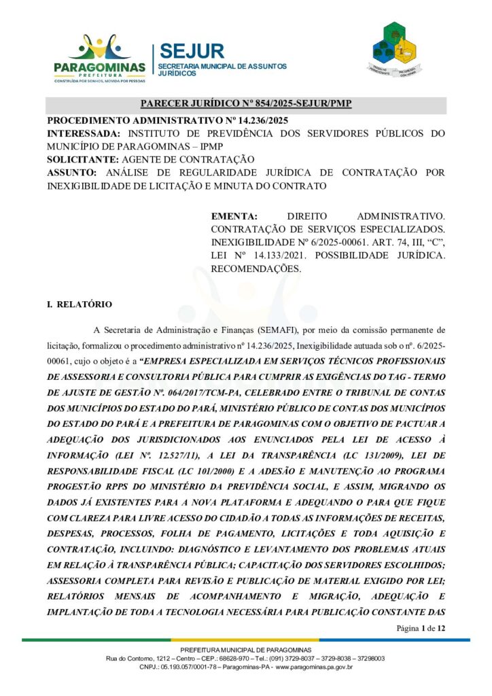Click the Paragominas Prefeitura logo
99,58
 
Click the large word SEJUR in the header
192,51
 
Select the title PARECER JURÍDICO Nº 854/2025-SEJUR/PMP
246,104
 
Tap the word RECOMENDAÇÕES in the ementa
256,268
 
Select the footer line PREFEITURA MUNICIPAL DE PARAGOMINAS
246,650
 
